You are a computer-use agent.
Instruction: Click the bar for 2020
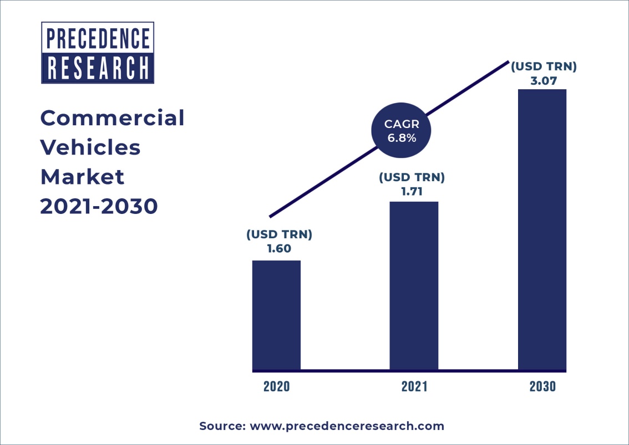(x=276, y=315)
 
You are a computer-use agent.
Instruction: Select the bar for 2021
(x=414, y=285)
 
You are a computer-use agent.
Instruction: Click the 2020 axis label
(x=276, y=387)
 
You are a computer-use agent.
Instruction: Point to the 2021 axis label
(x=414, y=387)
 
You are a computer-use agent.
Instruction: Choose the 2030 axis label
(x=542, y=387)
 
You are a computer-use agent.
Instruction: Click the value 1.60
(x=279, y=249)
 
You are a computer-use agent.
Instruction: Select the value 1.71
(x=412, y=192)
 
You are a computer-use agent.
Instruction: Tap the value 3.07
(x=544, y=81)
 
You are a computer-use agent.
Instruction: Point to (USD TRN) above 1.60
(x=279, y=234)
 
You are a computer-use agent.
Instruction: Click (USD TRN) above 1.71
(x=412, y=178)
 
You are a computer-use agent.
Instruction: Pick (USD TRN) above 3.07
(x=544, y=67)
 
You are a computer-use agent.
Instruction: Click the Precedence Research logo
(x=98, y=53)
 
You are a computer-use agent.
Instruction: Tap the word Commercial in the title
(x=112, y=118)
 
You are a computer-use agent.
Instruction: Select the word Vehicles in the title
(x=90, y=147)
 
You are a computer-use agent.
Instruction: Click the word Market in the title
(x=82, y=177)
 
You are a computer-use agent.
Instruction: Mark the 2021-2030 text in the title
(x=99, y=206)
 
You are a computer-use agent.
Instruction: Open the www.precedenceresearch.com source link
(x=347, y=426)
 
